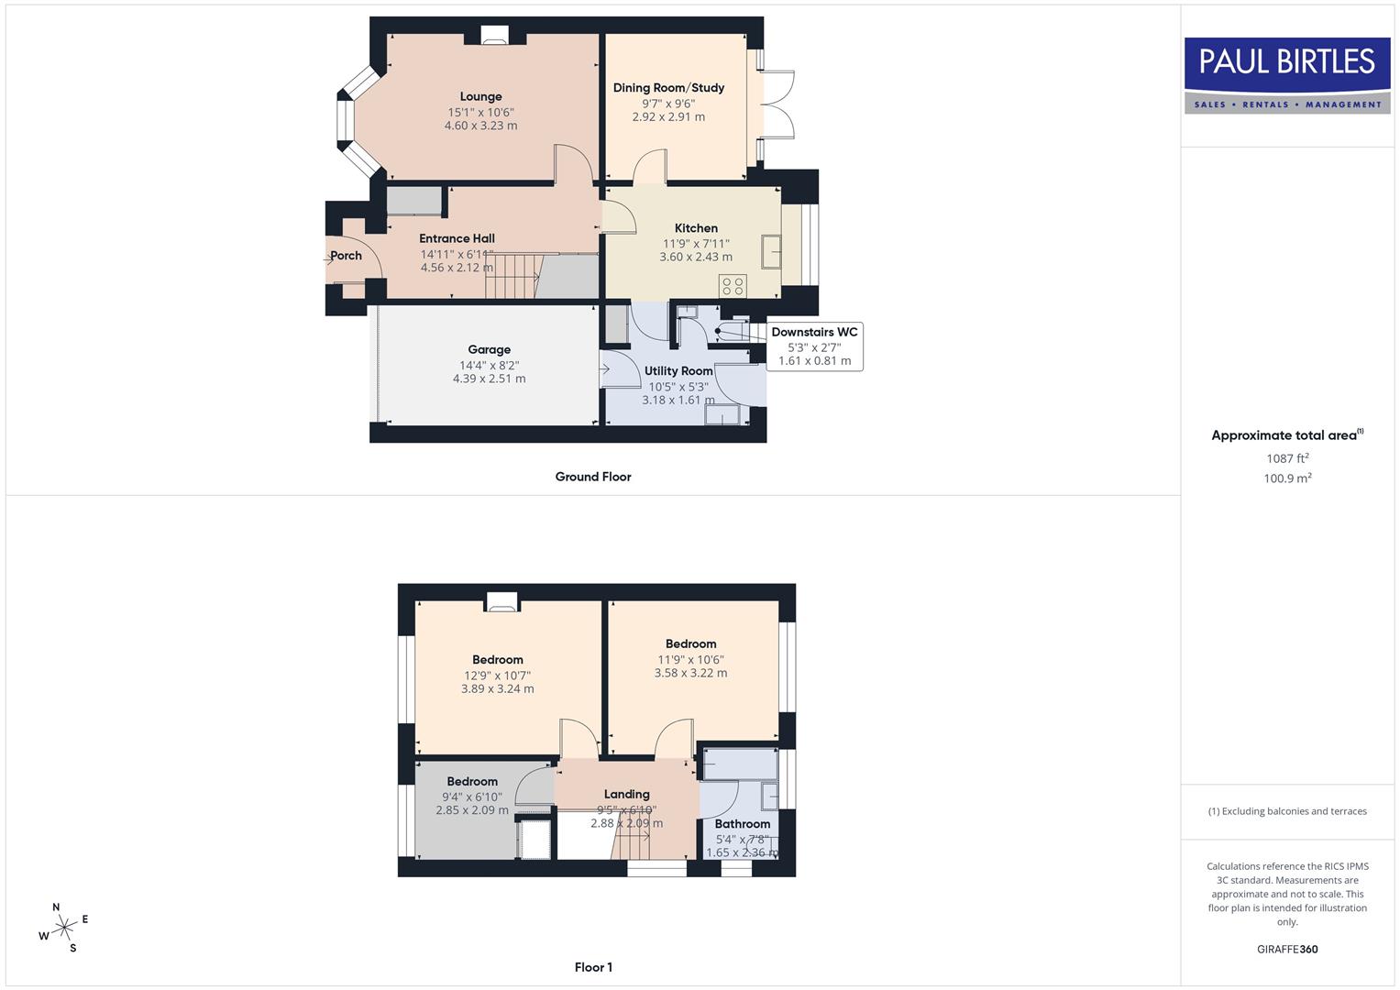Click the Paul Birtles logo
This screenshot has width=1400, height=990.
coord(1287,75)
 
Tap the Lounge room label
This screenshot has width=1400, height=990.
coord(480,96)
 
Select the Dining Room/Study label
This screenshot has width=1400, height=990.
coord(668,88)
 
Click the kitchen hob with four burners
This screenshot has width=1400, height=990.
coord(733,285)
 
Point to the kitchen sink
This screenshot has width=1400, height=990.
coord(771,249)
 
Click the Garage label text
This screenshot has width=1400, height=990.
coord(489,349)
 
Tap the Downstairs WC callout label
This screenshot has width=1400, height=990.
coord(814,332)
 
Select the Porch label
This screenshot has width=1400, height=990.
coord(346,256)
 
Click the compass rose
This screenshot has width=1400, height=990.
coord(63,928)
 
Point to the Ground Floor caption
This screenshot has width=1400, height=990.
coord(593,477)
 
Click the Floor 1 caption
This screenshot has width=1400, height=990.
coord(593,967)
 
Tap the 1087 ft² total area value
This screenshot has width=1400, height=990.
coord(1287,458)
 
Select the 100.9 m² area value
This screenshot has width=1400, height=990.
coord(1287,478)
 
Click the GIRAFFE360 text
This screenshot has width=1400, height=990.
coord(1287,950)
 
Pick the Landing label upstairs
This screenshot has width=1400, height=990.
coord(626,795)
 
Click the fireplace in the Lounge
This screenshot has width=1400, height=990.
coord(494,36)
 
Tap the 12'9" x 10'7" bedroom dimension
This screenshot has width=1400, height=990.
coord(497,676)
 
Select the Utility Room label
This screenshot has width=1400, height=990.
coord(678,371)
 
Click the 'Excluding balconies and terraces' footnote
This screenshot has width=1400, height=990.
coord(1287,811)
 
